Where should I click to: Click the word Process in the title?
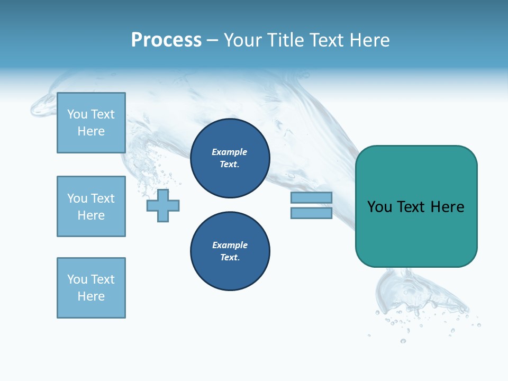coord(166,40)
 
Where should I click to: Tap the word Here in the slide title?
coord(368,40)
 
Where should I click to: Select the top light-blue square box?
coord(91,123)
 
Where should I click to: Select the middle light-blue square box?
coord(91,206)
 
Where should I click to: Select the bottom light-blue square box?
coord(91,288)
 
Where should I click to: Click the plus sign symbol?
coord(163,205)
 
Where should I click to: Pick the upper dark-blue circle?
coord(230,158)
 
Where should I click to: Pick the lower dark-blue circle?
coord(230,251)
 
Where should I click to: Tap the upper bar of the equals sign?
coord(311,197)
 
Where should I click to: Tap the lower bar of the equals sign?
coord(311,213)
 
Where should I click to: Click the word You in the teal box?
coord(379,207)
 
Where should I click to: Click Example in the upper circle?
coord(230,152)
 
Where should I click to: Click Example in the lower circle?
coord(230,245)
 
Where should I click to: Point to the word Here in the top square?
coord(91,131)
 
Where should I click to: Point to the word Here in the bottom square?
coord(91,296)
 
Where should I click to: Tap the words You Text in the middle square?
coord(91,198)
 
